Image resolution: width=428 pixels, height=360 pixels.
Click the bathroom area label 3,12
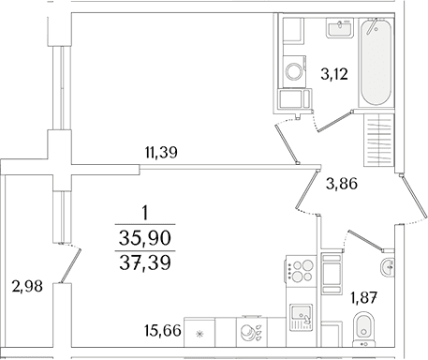click(334, 75)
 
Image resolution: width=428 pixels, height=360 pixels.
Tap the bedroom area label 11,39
click(161, 153)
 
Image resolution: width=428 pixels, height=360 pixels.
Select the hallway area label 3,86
click(341, 184)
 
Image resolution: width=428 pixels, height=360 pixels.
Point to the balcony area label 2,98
click(27, 286)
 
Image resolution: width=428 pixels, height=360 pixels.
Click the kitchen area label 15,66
click(163, 331)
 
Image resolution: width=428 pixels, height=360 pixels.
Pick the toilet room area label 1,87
click(364, 297)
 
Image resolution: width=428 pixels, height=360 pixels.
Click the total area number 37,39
click(145, 262)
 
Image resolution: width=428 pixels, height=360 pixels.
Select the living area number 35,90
click(145, 238)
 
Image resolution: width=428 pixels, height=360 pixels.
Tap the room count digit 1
click(144, 214)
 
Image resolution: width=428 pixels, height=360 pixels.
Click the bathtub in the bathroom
click(376, 63)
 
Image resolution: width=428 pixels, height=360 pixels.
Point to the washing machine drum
click(293, 71)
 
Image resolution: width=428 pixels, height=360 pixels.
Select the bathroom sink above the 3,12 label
click(340, 28)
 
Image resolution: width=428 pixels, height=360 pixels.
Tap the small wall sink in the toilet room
click(388, 267)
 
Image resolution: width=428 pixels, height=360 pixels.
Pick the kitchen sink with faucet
click(301, 317)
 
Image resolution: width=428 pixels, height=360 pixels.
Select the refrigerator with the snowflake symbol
click(199, 333)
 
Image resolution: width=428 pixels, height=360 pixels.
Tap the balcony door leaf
click(70, 266)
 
